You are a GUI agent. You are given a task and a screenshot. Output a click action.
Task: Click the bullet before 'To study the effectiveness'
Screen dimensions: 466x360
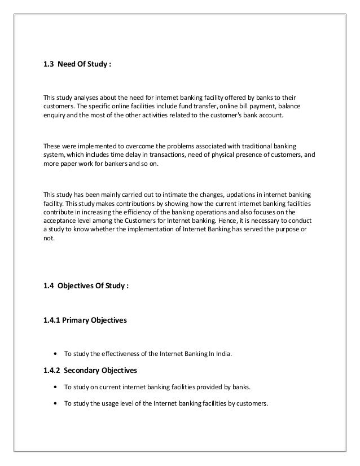click(x=54, y=355)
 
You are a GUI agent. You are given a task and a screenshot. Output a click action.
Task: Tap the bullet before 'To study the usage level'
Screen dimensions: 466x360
click(x=54, y=403)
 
